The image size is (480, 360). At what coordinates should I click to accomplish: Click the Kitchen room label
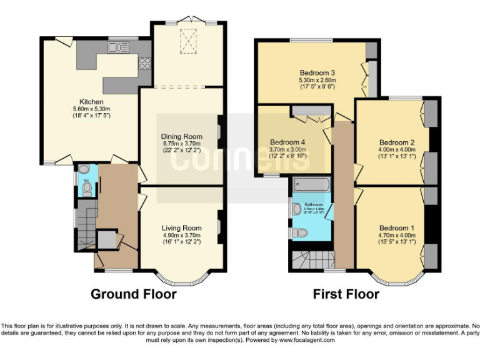tap(91, 102)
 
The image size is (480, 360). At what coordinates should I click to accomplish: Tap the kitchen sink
tap(118, 47)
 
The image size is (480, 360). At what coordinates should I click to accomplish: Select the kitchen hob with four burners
tap(144, 62)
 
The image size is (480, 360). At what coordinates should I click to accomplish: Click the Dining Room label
tap(182, 136)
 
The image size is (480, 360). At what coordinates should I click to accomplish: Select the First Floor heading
tap(346, 294)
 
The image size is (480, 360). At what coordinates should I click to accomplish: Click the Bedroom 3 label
tap(317, 72)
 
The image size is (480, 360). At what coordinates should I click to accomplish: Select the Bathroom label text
tap(313, 204)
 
